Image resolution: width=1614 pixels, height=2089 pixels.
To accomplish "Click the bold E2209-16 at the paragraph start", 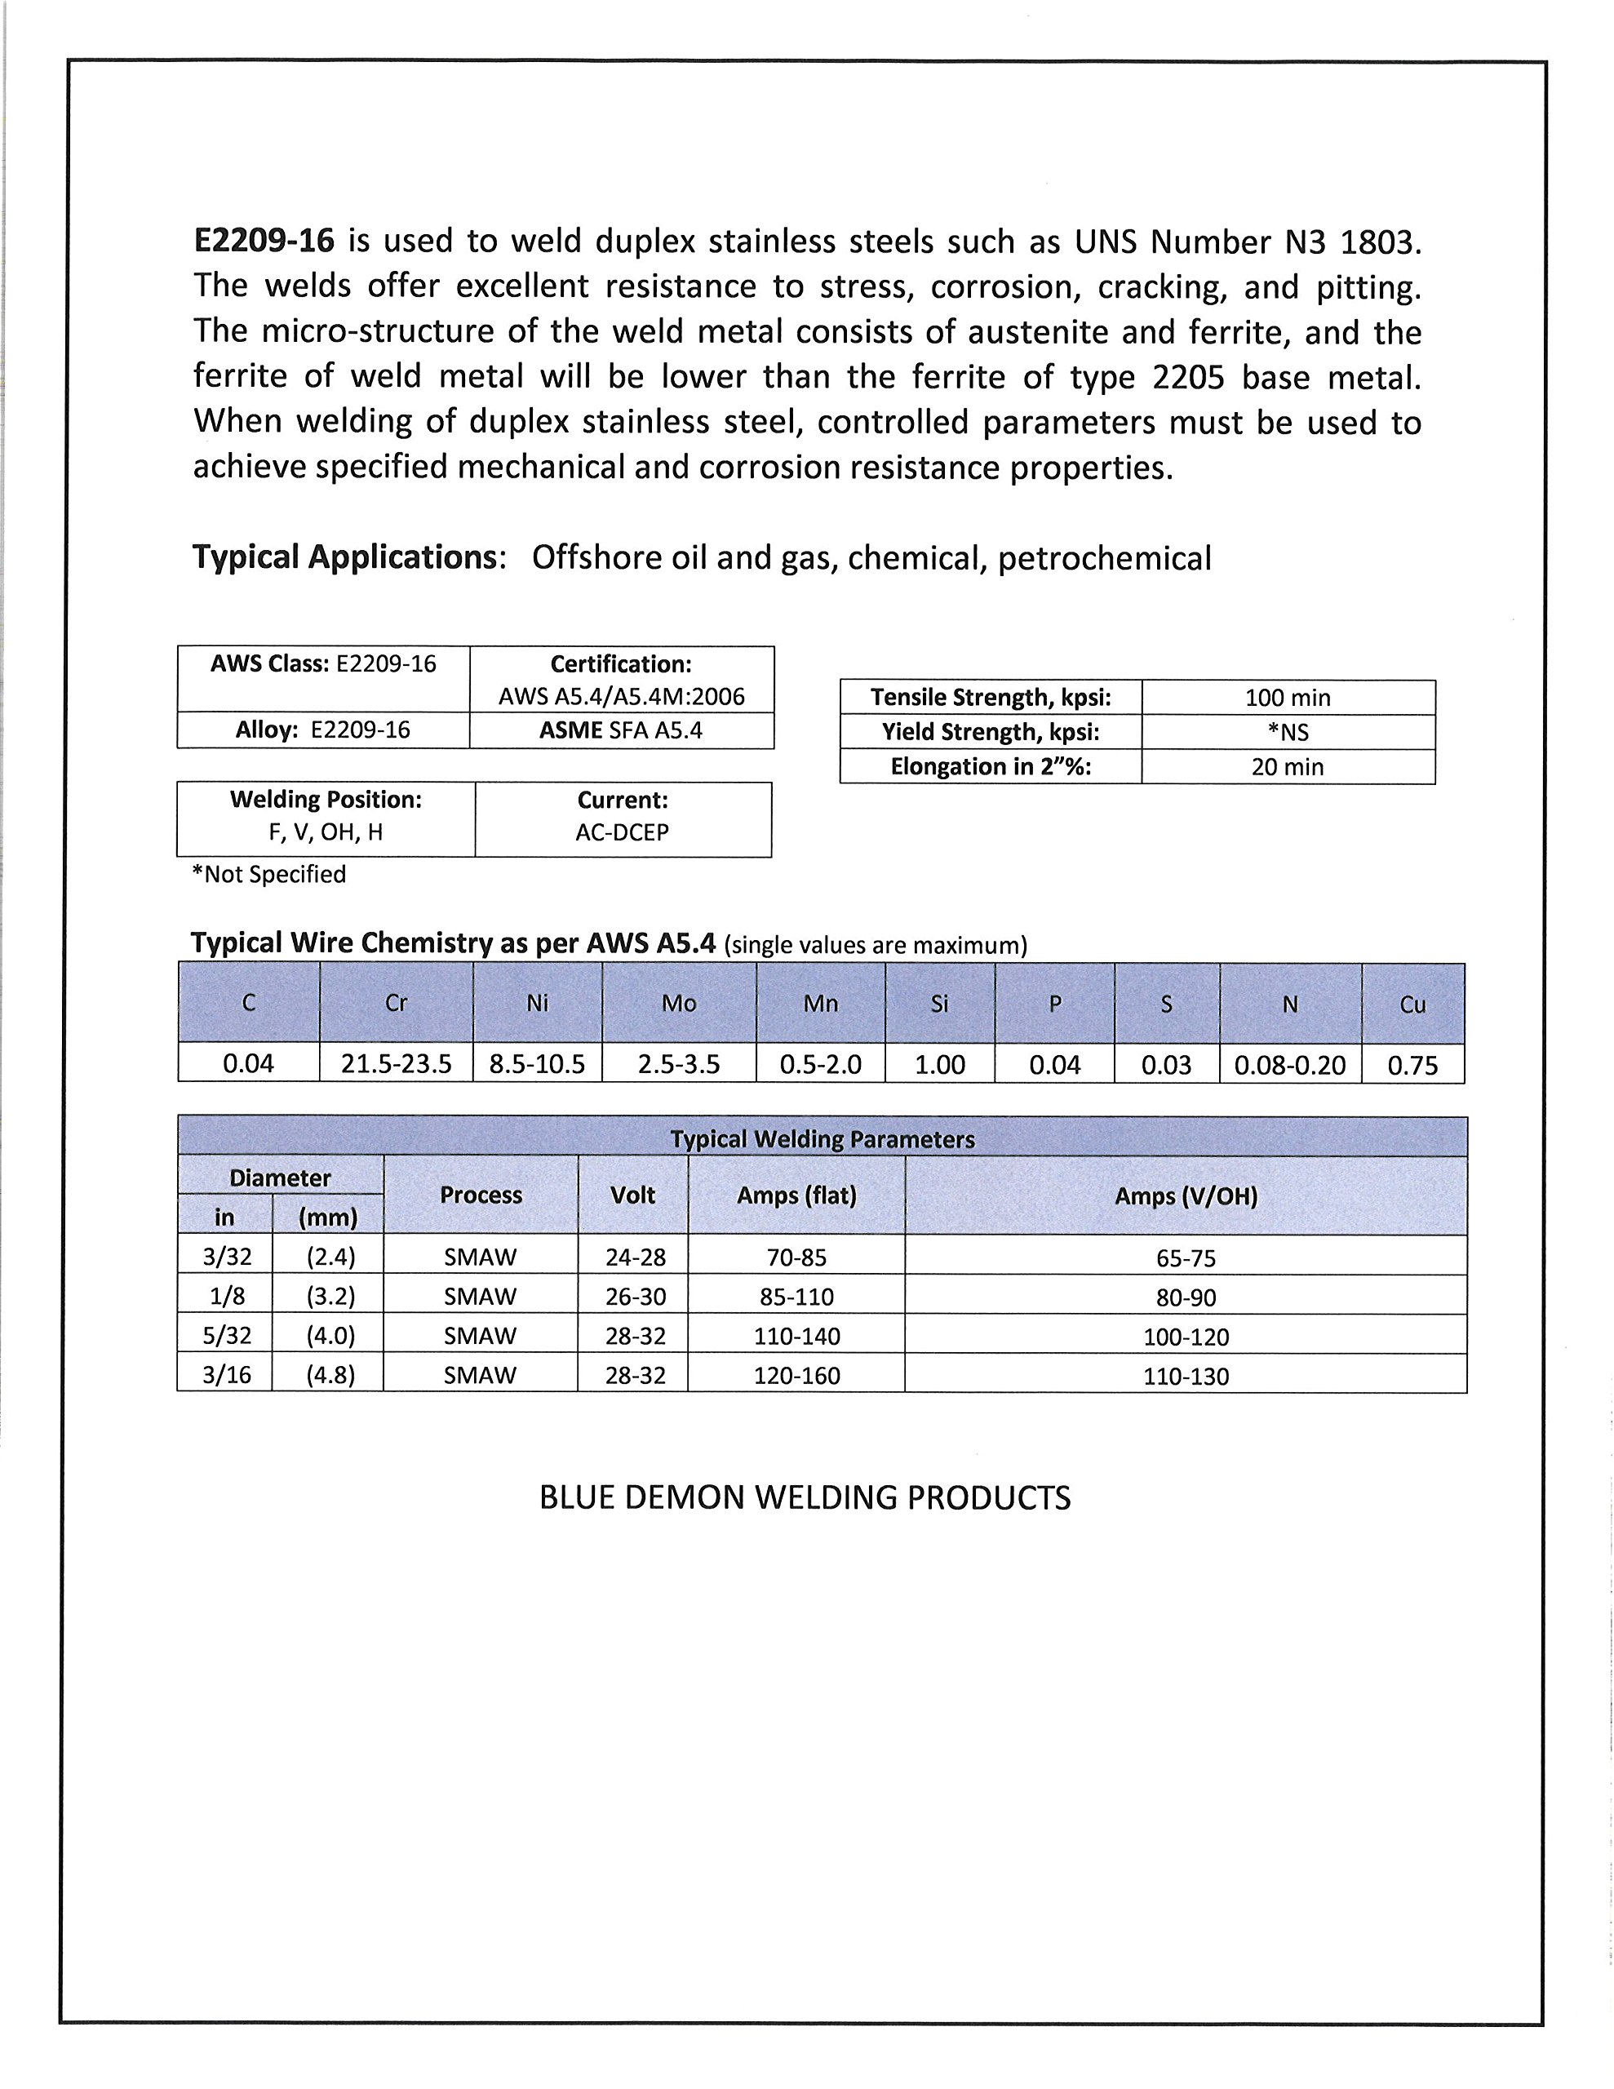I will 264,241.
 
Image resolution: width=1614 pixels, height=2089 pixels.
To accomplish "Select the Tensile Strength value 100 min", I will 1287,698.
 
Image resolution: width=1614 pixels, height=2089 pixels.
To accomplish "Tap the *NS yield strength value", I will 1287,733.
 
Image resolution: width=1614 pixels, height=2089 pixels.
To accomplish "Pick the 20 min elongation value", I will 1287,767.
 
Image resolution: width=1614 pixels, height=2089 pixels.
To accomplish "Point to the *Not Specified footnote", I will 268,874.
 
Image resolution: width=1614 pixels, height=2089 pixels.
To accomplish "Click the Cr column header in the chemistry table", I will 395,1004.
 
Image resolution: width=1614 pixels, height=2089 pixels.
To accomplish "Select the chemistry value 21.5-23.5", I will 396,1063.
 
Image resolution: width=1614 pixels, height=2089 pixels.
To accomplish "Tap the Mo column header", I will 678,1004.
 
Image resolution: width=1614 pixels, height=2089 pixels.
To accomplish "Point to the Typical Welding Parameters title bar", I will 822,1139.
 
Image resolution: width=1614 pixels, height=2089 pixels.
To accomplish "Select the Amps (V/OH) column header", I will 1186,1195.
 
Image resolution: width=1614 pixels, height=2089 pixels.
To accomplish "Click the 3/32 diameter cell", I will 226,1257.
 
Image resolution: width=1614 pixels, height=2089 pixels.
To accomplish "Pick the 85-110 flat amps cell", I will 796,1297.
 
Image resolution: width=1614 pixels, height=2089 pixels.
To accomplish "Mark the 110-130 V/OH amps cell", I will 1186,1377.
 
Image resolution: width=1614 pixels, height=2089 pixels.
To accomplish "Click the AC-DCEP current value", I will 622,832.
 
